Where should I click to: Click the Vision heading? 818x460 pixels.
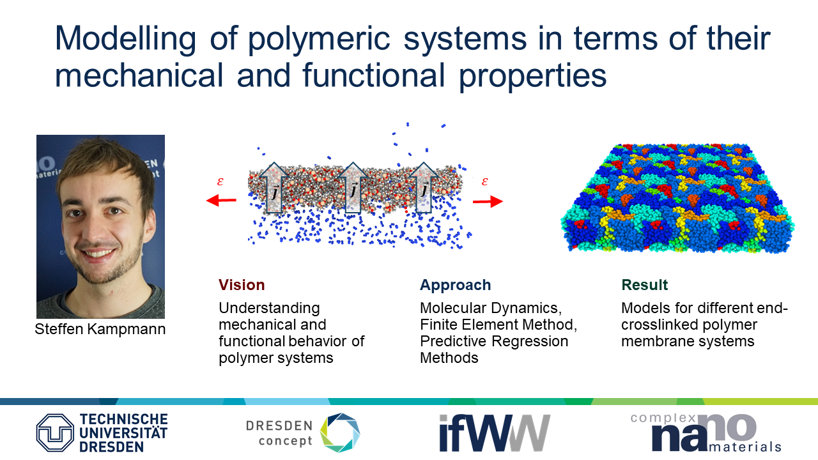tap(242, 285)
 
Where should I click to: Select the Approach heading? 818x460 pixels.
tap(456, 286)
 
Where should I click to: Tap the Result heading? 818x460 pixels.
tap(645, 285)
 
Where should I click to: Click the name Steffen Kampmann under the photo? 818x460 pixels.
tap(100, 329)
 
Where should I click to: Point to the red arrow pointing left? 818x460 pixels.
tap(221, 200)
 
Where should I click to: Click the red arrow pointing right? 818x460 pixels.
tap(488, 201)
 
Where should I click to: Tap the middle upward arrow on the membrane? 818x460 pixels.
tap(352, 188)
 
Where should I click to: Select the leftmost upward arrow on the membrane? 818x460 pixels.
tap(274, 188)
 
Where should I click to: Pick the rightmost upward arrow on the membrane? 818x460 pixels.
tap(424, 188)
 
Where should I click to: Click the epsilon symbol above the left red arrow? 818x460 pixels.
tap(220, 181)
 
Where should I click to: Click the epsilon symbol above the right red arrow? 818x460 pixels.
tap(485, 181)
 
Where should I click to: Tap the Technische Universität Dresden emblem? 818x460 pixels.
tap(55, 433)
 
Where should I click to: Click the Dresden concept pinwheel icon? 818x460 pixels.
tap(340, 433)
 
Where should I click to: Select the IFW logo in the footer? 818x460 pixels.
tap(495, 433)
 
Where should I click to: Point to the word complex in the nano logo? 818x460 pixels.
tap(663, 418)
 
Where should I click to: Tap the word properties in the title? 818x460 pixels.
tap(532, 77)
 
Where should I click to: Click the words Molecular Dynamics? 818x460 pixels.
tap(491, 309)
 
